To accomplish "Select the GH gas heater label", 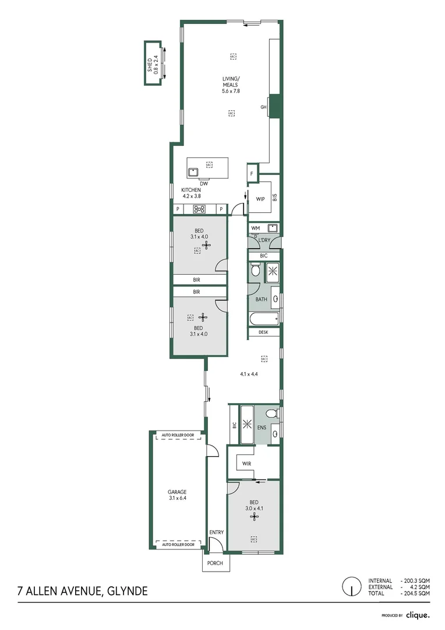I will coord(263,107).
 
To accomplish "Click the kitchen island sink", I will coord(193,171).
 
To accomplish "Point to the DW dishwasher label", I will coord(204,183).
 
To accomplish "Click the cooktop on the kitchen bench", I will coord(199,209).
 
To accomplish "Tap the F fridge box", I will coord(252,174).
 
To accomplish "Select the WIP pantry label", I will coord(260,199).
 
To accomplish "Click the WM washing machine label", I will coord(255,228).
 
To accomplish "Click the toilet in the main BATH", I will coord(255,271).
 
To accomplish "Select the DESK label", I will coord(263,332).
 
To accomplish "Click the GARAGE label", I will coord(178,492).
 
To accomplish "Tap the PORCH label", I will coord(216,563).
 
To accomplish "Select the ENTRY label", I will coord(216,532).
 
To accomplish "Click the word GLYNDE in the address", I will coord(126,591).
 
